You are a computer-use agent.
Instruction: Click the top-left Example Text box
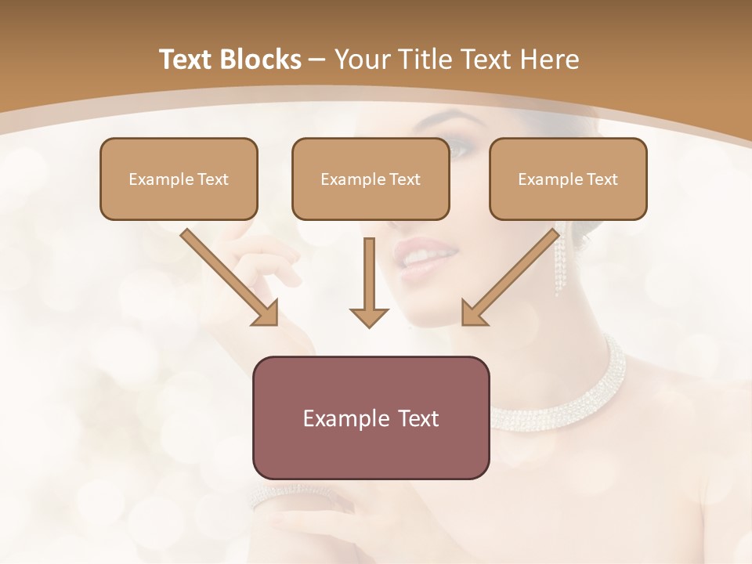click(x=179, y=179)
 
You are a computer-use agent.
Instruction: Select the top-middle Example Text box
click(x=371, y=179)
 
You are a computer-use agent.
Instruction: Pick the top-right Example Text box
click(x=568, y=179)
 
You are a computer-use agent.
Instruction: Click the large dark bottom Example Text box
click(x=371, y=418)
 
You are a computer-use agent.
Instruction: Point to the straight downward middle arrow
click(x=369, y=282)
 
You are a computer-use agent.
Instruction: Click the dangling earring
click(x=559, y=262)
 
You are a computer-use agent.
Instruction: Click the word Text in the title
click(x=185, y=60)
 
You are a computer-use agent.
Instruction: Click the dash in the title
click(x=317, y=60)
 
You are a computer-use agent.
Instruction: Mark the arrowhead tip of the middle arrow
click(x=369, y=325)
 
